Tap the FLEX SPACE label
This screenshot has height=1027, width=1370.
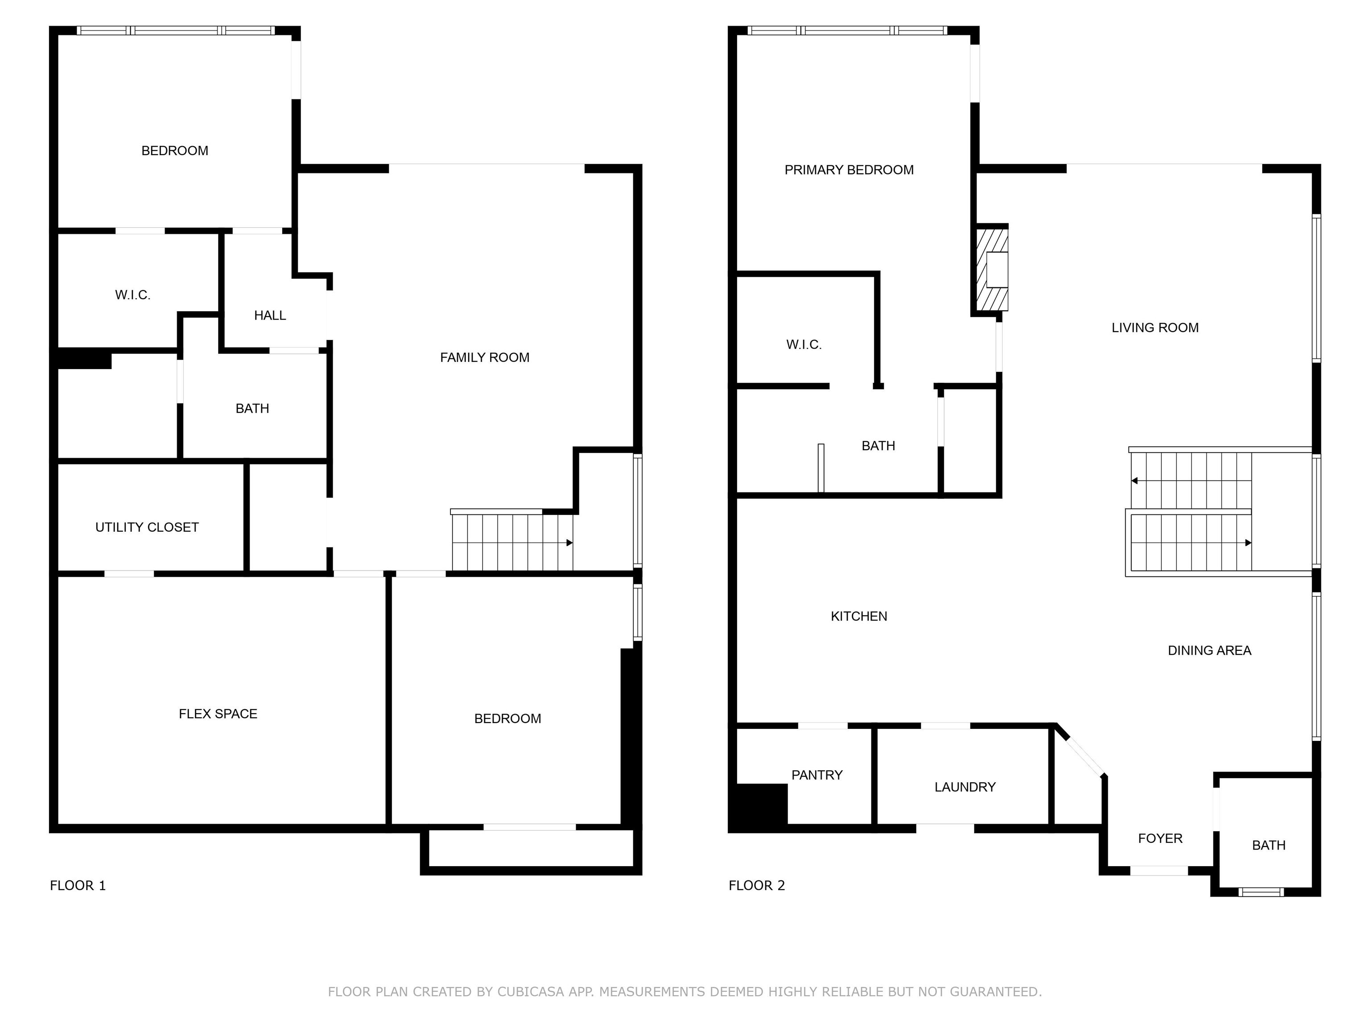tap(218, 714)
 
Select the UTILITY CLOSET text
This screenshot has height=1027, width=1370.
tap(147, 527)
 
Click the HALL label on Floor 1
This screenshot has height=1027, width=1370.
tap(270, 316)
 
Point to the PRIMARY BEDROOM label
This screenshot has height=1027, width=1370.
tap(849, 170)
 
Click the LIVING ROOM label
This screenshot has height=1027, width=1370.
tap(1155, 328)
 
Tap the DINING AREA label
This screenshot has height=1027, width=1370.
tap(1209, 651)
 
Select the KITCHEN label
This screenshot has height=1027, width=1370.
tap(858, 616)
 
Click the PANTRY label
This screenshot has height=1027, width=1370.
tap(817, 775)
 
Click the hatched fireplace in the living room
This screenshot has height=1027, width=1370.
tap(991, 269)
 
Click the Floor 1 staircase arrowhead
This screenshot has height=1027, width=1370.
tap(569, 543)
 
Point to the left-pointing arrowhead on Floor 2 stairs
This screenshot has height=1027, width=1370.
tap(1135, 481)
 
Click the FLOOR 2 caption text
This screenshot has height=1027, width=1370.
tap(756, 885)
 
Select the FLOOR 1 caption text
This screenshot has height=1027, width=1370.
tap(78, 885)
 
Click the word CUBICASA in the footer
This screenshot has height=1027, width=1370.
tap(530, 992)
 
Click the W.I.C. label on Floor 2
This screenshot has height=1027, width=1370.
tap(804, 345)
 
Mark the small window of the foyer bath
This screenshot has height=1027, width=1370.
tap(1261, 891)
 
